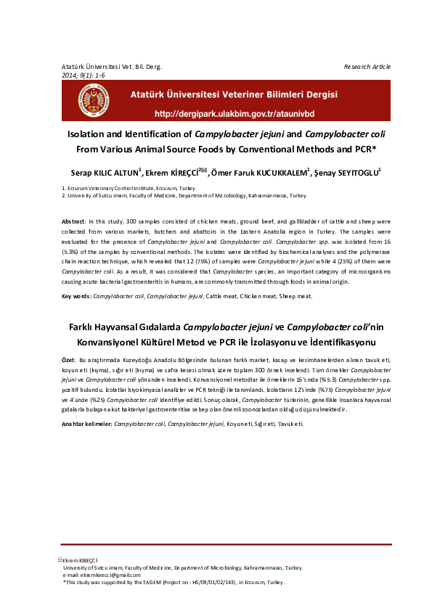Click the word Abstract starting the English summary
tap(73, 220)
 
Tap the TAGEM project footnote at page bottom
tap(174, 582)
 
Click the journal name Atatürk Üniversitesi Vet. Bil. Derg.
tap(112, 67)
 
